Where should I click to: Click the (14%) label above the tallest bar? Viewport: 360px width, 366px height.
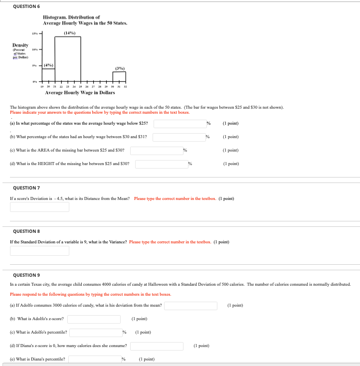click(69, 33)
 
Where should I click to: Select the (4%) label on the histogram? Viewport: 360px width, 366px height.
click(48, 65)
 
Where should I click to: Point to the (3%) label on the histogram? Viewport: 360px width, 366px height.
click(119, 68)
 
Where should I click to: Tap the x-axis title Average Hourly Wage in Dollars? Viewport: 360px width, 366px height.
click(80, 92)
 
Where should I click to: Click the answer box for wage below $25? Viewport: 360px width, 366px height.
click(180, 123)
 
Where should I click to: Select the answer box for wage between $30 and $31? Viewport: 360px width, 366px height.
click(179, 137)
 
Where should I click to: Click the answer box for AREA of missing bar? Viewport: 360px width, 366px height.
click(157, 150)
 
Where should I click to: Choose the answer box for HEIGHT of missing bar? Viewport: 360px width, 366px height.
click(162, 164)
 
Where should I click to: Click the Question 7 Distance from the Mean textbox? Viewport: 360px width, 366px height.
click(39, 206)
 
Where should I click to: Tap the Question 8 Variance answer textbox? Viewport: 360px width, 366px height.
click(39, 250)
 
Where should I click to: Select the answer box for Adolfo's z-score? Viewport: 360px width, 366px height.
click(94, 319)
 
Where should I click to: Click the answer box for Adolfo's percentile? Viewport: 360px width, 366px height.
click(95, 332)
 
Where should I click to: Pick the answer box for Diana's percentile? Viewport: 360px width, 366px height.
click(95, 359)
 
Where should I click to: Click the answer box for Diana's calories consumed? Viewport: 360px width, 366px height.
click(157, 346)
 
